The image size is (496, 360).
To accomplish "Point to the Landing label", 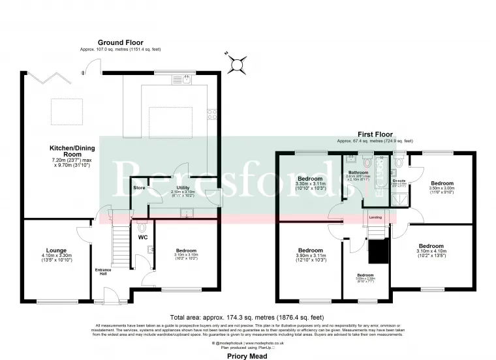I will [x=375, y=217].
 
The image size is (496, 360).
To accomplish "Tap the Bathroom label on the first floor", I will [x=358, y=173].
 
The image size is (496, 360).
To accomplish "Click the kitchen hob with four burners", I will [x=213, y=114].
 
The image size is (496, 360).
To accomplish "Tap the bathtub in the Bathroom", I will [x=382, y=176].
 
